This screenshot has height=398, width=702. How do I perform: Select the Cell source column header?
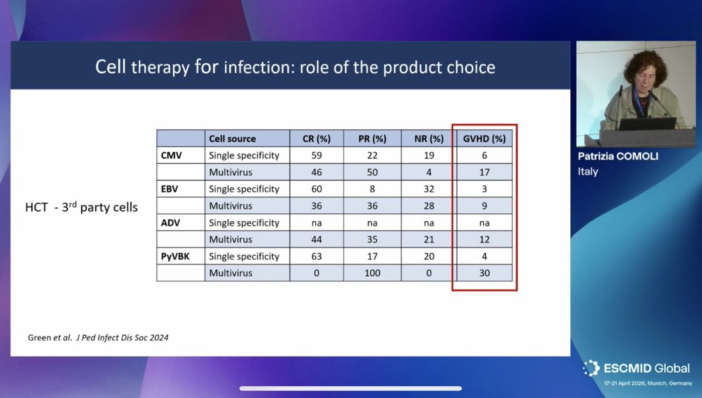[232, 139]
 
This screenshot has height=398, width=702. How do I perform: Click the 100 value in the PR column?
[371, 273]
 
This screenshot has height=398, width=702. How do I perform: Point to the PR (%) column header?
[371, 139]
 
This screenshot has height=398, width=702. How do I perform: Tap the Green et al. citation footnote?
[98, 337]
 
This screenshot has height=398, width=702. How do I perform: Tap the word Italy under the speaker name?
[587, 171]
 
